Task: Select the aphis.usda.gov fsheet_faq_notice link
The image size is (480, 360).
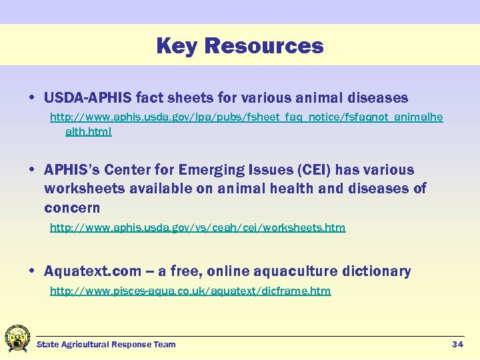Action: (x=246, y=117)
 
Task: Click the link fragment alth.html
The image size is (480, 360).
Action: (x=88, y=131)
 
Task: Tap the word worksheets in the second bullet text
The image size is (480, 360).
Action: (x=85, y=189)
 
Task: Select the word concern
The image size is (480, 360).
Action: (x=72, y=207)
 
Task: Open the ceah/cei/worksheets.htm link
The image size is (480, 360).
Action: (x=198, y=227)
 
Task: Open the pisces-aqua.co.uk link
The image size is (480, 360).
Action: (x=190, y=291)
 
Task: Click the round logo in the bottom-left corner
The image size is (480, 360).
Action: (x=17, y=338)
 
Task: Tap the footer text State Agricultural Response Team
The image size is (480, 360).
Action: (x=106, y=344)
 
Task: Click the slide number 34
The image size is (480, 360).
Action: (x=457, y=344)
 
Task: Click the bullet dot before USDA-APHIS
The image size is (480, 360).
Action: (x=32, y=99)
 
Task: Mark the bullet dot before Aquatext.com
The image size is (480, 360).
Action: (x=32, y=272)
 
